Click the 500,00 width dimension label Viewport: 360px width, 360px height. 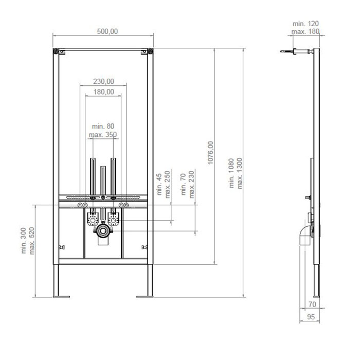tap(107, 31)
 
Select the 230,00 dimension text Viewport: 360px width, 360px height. tap(103, 81)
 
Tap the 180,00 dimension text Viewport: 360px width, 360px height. tap(103, 92)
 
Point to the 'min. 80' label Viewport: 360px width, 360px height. tap(103, 127)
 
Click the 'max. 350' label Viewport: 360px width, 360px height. tap(103, 135)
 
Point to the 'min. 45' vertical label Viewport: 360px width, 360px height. tap(159, 185)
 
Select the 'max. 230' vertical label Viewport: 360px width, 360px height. tap(191, 184)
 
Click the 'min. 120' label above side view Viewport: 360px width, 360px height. tap(305, 24)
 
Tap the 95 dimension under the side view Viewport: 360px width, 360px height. tap(311, 317)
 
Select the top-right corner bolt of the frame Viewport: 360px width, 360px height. tap(150, 51)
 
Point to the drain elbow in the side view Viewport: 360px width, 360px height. tap(304, 236)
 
